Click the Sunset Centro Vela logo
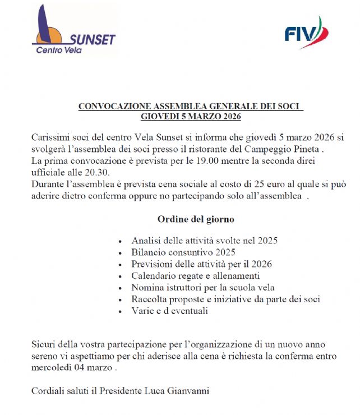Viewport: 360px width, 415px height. pos(73,30)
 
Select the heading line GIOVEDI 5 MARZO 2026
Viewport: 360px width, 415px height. pos(191,117)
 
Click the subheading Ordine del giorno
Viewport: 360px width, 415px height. pos(191,219)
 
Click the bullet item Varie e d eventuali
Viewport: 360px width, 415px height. pos(169,311)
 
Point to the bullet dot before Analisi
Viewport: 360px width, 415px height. pos(122,241)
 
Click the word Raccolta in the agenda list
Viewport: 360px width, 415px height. pos(149,299)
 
